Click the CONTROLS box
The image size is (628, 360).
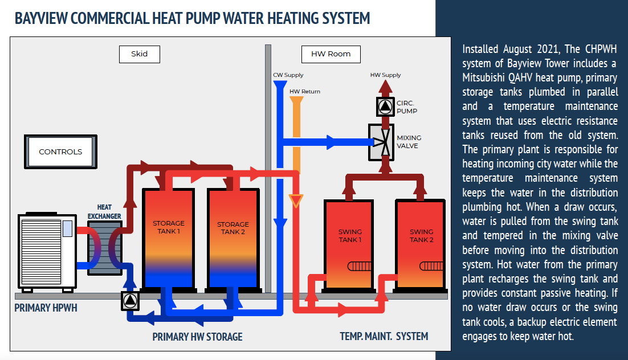60,152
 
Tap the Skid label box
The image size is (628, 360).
139,54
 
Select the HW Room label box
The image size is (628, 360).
331,54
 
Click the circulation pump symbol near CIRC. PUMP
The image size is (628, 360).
385,107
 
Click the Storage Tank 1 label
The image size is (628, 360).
168,227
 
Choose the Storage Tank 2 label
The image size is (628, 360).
233,228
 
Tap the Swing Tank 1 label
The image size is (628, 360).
350,236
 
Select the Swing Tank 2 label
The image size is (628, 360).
421,236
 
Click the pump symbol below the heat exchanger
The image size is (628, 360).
130,301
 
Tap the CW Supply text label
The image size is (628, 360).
288,75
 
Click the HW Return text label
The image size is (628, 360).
304,92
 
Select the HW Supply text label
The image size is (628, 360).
385,75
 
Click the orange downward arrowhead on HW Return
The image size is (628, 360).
296,201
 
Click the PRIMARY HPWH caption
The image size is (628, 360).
46,308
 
